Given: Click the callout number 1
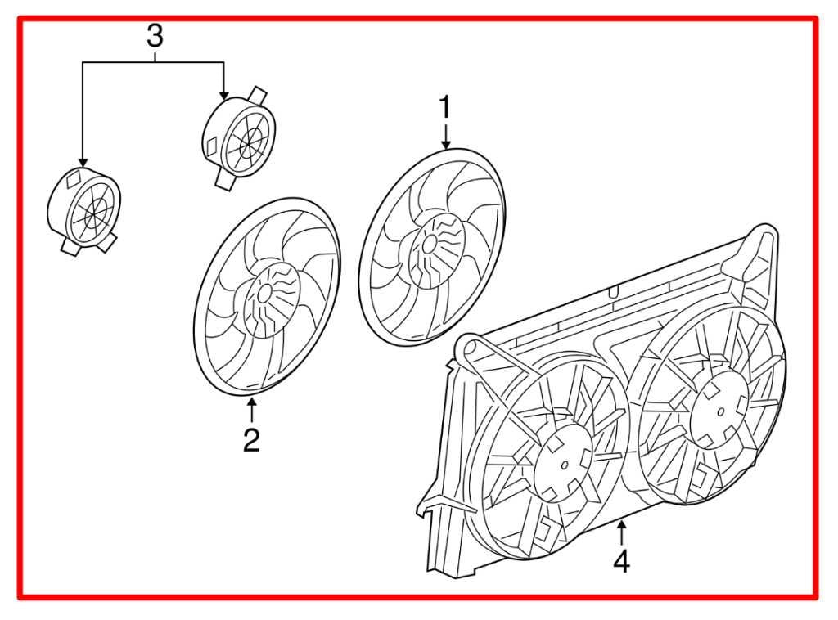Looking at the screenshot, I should coord(445,107).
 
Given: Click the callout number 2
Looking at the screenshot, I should coord(251,439).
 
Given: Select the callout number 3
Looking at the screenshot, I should coord(155,36).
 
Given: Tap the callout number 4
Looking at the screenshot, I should coord(622,562).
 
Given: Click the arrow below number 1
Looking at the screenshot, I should coord(445,136).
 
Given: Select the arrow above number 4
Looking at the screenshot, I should coord(622,532).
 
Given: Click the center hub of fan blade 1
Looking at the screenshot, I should coord(428,243).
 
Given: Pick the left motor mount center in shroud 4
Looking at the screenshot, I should coord(564,464).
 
